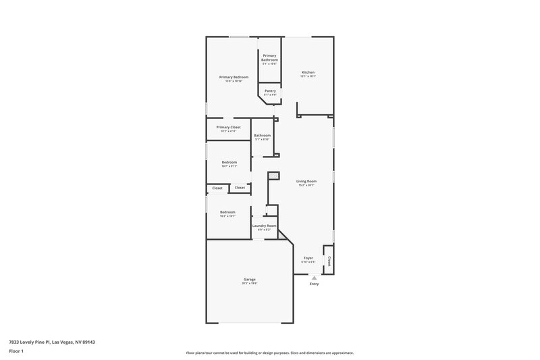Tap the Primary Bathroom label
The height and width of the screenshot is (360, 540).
click(270, 57)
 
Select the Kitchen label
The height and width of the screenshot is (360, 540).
click(308, 72)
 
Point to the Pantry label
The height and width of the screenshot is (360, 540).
click(270, 91)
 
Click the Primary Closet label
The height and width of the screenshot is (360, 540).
click(228, 127)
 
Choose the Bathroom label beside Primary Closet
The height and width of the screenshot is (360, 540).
click(262, 135)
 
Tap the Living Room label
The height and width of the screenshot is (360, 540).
click(306, 181)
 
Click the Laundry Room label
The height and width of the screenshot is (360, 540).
click(264, 226)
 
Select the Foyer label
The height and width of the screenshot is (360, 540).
click(308, 258)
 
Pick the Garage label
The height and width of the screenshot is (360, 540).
click(250, 279)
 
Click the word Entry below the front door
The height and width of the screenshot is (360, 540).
click(314, 284)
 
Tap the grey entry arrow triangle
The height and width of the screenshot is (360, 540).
click(314, 277)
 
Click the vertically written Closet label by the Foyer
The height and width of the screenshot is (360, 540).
click(329, 260)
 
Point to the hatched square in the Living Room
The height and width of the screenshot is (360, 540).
click(273, 176)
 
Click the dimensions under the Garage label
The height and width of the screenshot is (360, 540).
click(250, 283)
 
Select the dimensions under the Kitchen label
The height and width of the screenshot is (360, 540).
click(308, 76)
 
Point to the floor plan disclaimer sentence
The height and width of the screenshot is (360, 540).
click(269, 353)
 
